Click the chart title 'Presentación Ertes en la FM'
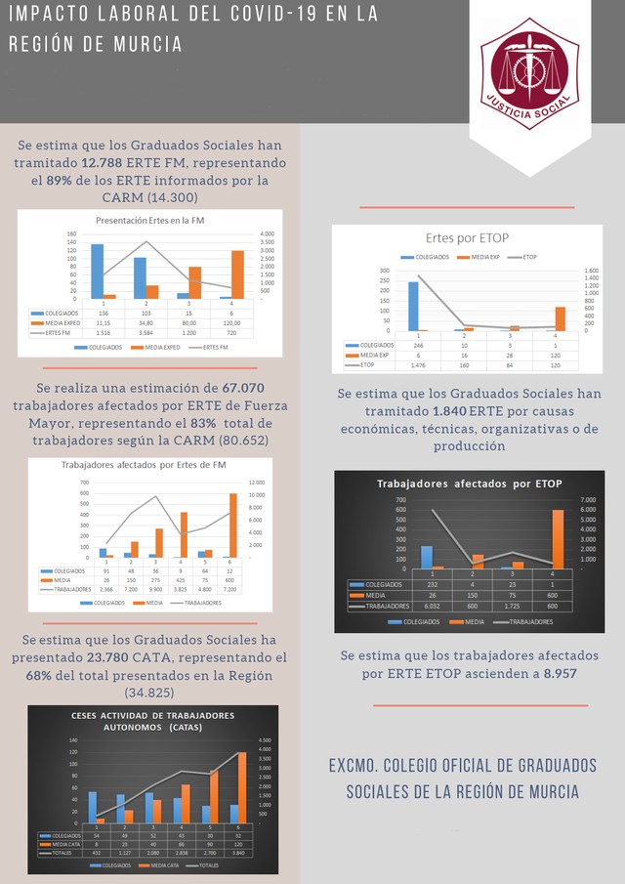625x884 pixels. (150, 220)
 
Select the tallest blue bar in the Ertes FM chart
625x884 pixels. (98, 271)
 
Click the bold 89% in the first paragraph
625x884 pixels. (60, 181)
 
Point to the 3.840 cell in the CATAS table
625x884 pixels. (240, 852)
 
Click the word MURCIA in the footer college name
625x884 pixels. (547, 790)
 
